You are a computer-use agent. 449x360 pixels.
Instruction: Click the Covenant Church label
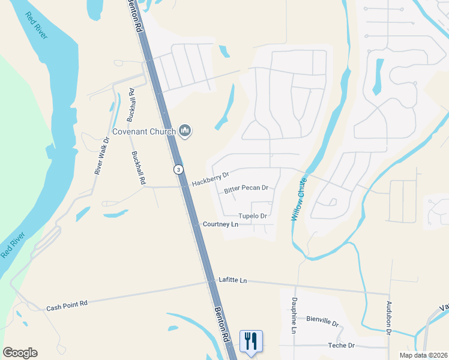143,131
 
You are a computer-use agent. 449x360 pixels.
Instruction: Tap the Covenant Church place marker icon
185,131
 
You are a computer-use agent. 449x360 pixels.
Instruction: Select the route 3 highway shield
178,170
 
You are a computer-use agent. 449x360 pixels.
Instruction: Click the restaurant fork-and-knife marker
251,341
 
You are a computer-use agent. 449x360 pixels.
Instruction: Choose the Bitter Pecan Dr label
246,188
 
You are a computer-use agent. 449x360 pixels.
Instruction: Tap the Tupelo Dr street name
252,216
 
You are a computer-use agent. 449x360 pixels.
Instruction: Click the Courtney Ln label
220,224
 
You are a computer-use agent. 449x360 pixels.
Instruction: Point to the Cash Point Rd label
67,304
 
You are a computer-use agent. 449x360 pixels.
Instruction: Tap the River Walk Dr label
101,156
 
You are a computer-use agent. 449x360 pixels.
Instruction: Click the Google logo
20,353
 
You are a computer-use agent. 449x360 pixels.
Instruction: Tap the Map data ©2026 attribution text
424,355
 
